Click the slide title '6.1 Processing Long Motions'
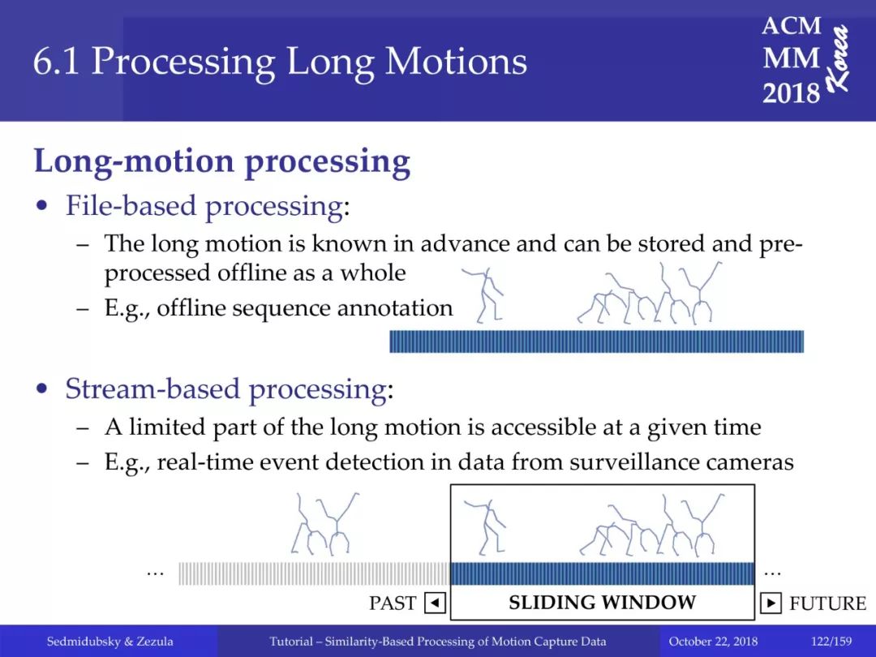tap(280, 62)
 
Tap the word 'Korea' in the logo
tap(839, 58)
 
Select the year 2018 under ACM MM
tap(791, 92)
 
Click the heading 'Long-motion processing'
tap(222, 162)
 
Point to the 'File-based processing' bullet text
tap(204, 206)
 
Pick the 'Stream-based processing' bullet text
tap(225, 389)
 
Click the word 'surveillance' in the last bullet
tap(634, 462)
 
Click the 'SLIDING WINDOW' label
tap(602, 602)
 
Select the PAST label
tap(393, 603)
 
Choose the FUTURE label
tap(827, 603)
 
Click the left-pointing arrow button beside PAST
tap(436, 603)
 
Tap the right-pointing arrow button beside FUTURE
tap(771, 603)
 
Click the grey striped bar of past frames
tap(314, 573)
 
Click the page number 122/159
tap(831, 642)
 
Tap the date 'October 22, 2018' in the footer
tap(713, 642)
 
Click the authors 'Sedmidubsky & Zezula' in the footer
tap(109, 642)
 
